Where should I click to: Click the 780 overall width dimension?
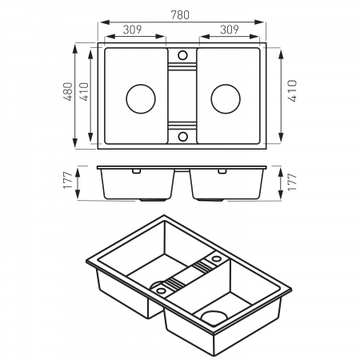click(x=180, y=14)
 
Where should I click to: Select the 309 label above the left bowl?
click(x=132, y=30)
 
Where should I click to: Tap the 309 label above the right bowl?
click(x=230, y=30)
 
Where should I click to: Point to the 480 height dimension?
click(x=68, y=91)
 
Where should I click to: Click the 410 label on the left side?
click(x=84, y=91)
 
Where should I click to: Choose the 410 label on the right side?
click(x=292, y=90)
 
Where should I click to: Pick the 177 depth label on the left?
click(x=68, y=180)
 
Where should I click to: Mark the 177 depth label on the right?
click(x=292, y=182)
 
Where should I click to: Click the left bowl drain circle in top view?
click(x=141, y=98)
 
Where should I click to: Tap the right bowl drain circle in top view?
click(x=226, y=98)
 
